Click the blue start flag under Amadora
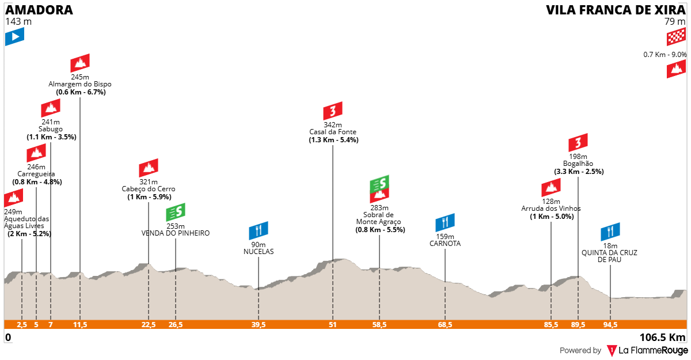click(x=14, y=37)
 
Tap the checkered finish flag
click(x=676, y=37)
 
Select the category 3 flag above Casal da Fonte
click(x=333, y=111)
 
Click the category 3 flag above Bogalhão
click(x=578, y=142)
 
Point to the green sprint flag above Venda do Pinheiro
click(x=176, y=212)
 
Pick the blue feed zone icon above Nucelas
click(x=259, y=230)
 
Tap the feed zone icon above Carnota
click(x=445, y=222)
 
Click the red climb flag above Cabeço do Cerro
click(x=149, y=168)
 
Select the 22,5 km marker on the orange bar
click(x=149, y=324)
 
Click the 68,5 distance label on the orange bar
click(x=445, y=324)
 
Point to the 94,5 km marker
click(x=610, y=324)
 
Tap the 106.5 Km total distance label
click(x=662, y=338)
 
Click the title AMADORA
click(x=39, y=10)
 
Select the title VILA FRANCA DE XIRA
click(x=616, y=10)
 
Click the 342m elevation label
click(x=333, y=124)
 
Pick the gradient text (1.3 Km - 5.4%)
click(x=333, y=140)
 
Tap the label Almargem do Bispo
click(x=80, y=84)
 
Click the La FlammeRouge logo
click(x=647, y=351)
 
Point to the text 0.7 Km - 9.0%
click(x=665, y=55)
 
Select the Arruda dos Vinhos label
click(x=551, y=209)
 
